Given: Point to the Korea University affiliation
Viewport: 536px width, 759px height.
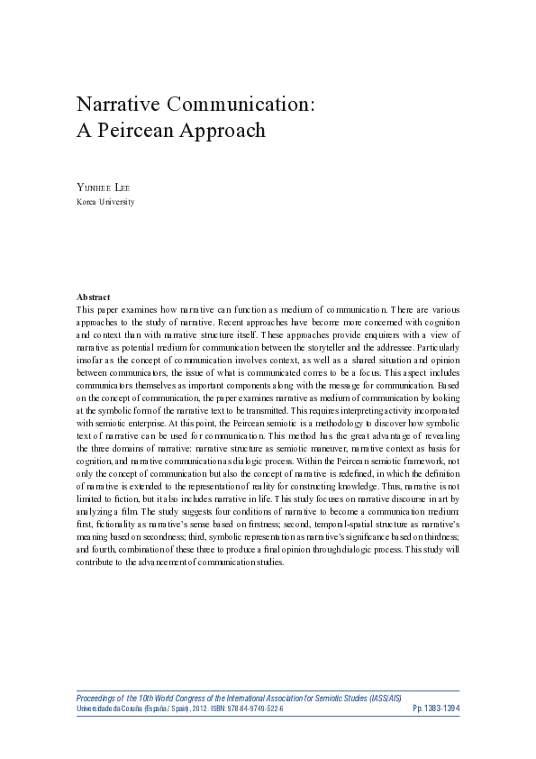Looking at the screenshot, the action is [x=106, y=202].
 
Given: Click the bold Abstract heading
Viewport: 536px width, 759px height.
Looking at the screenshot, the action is [x=94, y=297].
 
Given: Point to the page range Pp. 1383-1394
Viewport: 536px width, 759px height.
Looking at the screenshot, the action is [x=436, y=709].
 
